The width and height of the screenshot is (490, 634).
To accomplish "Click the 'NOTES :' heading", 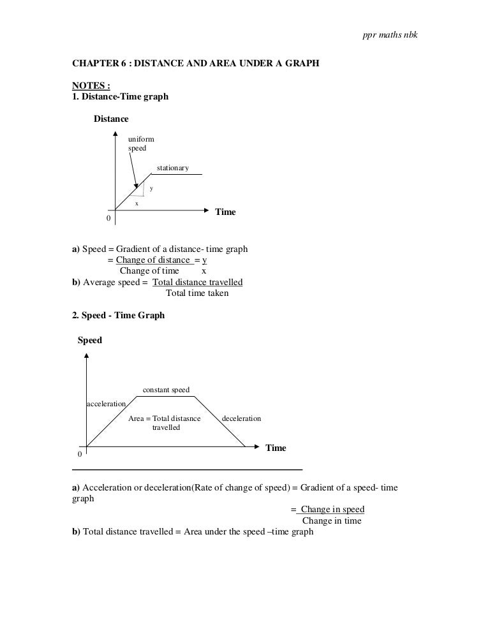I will [x=91, y=87].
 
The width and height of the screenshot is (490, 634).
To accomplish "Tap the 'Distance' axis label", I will [x=111, y=119].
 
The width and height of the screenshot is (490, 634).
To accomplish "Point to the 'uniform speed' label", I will [x=140, y=144].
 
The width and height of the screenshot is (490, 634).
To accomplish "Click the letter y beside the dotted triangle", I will [x=151, y=188].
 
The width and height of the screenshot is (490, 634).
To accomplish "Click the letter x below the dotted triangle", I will [x=136, y=203].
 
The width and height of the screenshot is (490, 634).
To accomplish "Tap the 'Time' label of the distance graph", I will [x=225, y=212].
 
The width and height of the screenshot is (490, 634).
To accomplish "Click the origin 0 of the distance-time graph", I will [x=108, y=219].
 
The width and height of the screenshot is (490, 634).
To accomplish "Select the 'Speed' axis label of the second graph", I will [x=90, y=341].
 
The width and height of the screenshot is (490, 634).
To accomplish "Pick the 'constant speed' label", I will [x=166, y=390].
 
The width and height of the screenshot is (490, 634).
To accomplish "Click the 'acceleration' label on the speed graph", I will [x=107, y=404].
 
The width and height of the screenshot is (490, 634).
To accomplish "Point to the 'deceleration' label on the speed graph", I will [x=241, y=418].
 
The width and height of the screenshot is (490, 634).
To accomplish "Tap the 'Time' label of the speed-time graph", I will [x=276, y=448].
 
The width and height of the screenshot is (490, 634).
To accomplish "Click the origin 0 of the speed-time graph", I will [x=80, y=455].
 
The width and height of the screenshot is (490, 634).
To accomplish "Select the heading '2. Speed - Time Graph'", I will [x=118, y=315].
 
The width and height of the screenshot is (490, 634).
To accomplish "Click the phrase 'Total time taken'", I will [x=197, y=293].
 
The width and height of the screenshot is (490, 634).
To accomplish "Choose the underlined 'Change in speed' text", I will [x=332, y=510].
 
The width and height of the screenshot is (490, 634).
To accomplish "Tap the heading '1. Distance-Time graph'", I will [x=120, y=97].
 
